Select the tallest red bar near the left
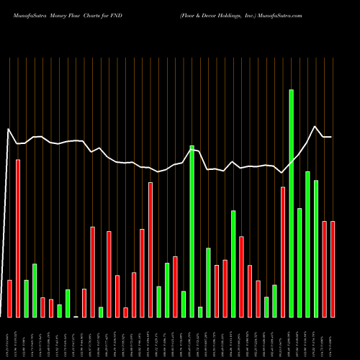pyautogui.click(x=18, y=238)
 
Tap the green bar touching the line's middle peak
pyautogui.click(x=192, y=230)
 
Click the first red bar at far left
pyautogui.click(x=9, y=298)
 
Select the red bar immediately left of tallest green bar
pyautogui.click(x=283, y=251)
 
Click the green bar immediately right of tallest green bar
pyautogui.click(x=300, y=262)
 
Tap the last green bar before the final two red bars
pyautogui.click(x=316, y=248)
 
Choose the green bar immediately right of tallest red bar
pyautogui.click(x=26, y=298)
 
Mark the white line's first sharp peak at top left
pyautogui.click(x=9, y=130)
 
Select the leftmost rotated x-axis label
pyautogui.click(x=9, y=338)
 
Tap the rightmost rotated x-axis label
pyautogui.click(x=333, y=338)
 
